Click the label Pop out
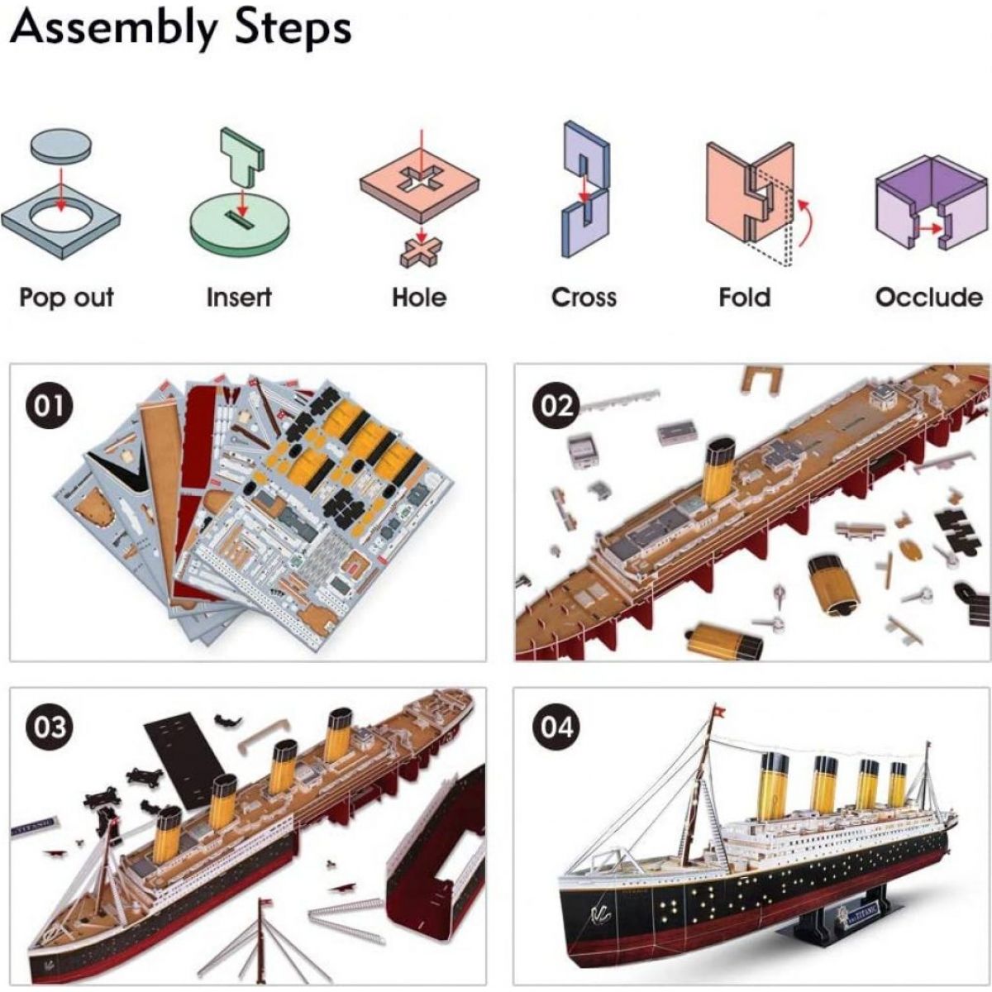click(66, 297)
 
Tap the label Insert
click(239, 297)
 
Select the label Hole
click(419, 297)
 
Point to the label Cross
click(584, 297)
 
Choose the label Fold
click(744, 297)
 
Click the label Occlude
click(929, 297)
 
